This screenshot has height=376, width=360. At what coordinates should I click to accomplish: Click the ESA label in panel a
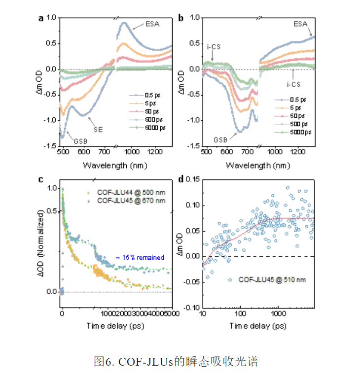click(x=152, y=24)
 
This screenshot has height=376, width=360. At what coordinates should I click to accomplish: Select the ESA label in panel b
click(x=300, y=24)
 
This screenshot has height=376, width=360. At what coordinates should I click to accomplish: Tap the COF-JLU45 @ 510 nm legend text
click(x=272, y=279)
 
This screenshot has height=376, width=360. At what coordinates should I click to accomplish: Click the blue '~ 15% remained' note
click(x=140, y=257)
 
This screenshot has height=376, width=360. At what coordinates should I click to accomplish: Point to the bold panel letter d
click(x=181, y=179)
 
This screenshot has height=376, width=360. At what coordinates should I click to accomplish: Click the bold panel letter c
click(x=41, y=179)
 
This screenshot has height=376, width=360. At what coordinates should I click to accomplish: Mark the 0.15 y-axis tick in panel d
click(x=192, y=179)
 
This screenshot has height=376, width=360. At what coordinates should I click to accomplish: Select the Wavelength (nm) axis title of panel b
click(x=255, y=165)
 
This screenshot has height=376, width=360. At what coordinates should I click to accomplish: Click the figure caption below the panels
click(x=176, y=361)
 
